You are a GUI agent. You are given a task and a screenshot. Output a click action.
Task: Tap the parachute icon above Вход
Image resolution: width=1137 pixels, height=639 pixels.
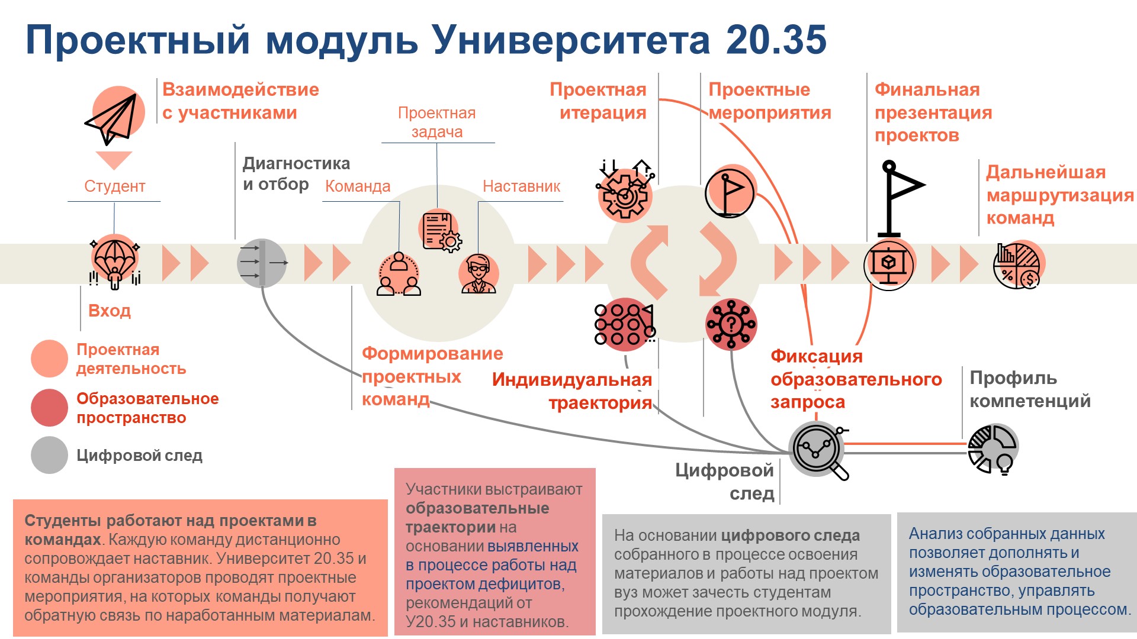coord(114,262)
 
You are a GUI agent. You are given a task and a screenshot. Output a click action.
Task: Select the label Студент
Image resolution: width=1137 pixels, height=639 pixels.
coord(114,186)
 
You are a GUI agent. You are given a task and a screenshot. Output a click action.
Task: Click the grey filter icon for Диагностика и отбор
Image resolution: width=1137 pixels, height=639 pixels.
coord(262,263)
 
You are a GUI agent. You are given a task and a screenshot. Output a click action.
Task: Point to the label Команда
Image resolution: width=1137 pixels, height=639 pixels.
coord(358,186)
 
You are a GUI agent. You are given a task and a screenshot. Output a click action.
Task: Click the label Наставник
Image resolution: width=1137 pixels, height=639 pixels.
coord(521,186)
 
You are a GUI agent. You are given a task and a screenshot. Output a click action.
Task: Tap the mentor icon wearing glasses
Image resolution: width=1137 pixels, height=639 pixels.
coord(478,273)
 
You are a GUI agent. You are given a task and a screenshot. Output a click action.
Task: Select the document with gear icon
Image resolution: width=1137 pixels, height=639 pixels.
coord(441,231)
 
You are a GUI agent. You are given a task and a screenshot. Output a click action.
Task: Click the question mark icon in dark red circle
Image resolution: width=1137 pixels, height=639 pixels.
coord(731,324)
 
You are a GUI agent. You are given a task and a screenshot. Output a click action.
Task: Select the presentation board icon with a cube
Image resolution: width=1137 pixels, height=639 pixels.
coord(888,264)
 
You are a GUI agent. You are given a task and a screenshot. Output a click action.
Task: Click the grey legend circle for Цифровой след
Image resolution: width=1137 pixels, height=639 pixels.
coord(49,455)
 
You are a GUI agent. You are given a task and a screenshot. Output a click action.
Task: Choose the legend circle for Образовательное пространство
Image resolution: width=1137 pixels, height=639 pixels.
coord(49,408)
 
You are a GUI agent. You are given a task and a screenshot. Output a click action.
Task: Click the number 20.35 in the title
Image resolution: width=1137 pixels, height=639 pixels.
coord(776,40)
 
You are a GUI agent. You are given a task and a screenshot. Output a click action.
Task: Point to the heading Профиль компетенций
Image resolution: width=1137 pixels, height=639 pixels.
coord(1029,389)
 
